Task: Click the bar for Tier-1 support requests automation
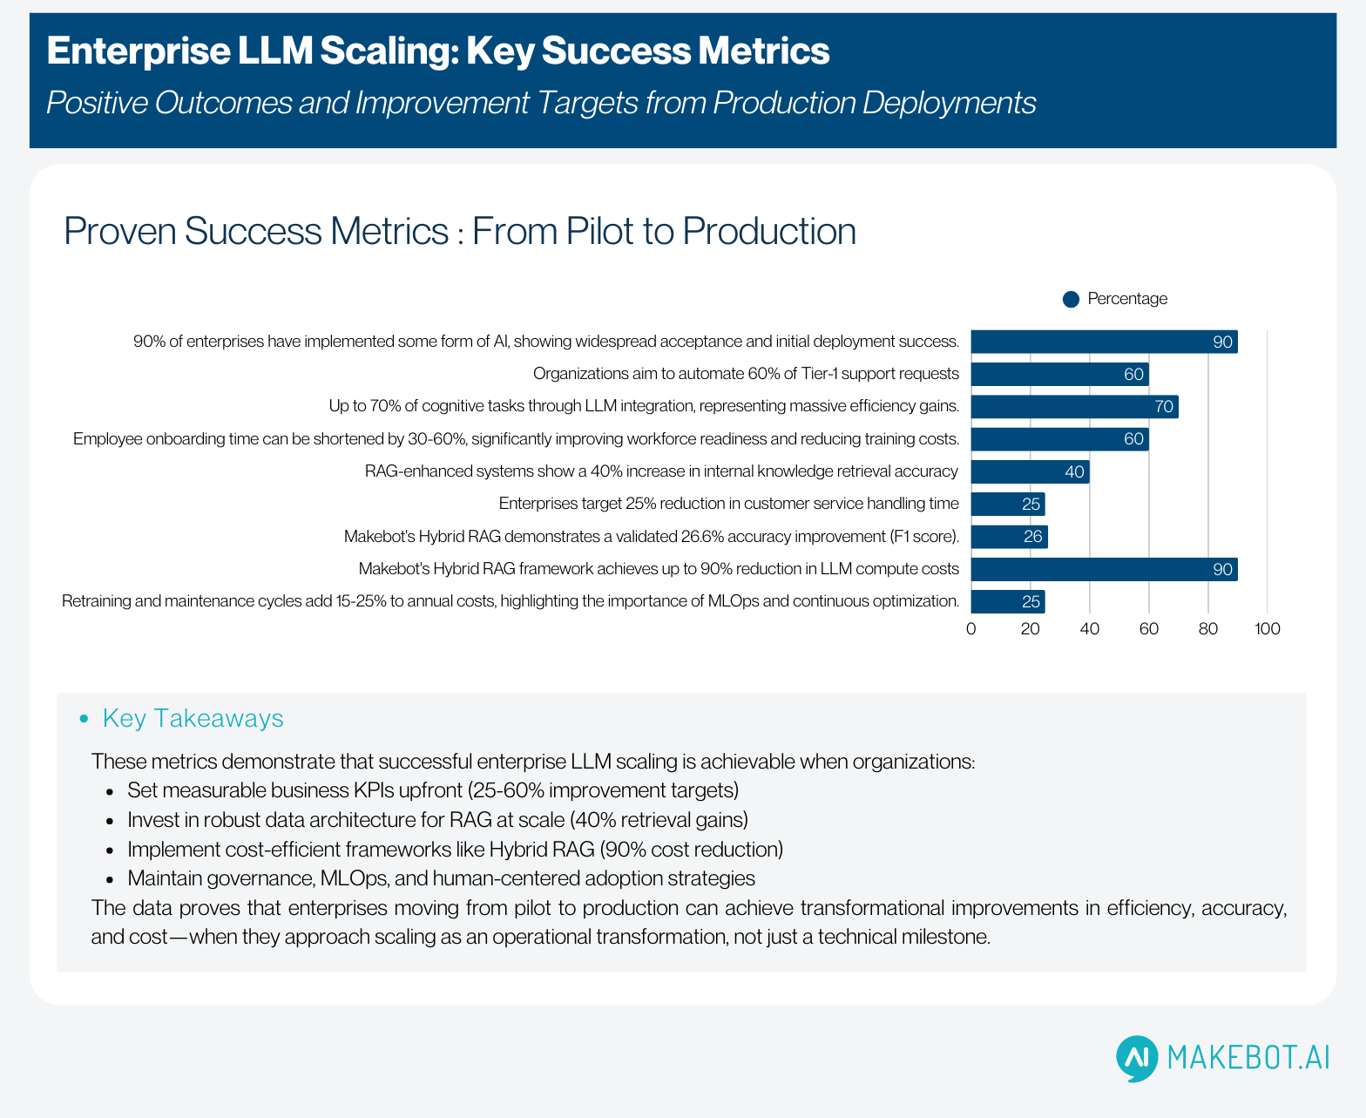[1059, 375]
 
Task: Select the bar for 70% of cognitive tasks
[1074, 407]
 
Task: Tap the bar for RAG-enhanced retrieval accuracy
[1030, 472]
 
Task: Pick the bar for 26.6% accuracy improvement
[1009, 537]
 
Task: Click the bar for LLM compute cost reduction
[1104, 570]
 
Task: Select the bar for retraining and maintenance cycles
[1007, 602]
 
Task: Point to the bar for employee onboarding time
[1059, 439]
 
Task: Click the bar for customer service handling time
[1007, 505]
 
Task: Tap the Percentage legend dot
[1072, 300]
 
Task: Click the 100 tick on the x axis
[1268, 629]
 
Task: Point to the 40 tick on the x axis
[1090, 629]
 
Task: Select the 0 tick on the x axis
[971, 629]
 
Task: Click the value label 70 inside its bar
[1164, 407]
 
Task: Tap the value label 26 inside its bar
[1032, 537]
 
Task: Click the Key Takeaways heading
[193, 718]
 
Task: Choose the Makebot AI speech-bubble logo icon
[1137, 1058]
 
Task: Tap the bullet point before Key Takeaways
[85, 719]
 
